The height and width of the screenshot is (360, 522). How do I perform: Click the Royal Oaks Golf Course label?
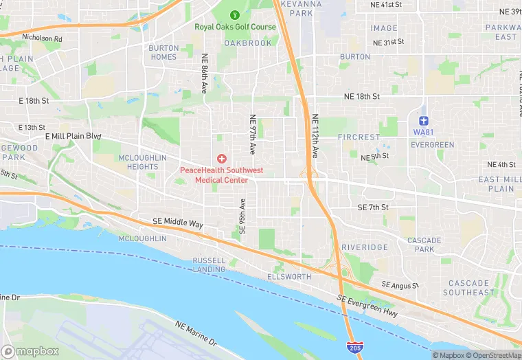(x=235, y=27)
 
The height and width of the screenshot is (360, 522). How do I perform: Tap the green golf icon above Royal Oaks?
(x=235, y=14)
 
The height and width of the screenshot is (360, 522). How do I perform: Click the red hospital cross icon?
(x=221, y=159)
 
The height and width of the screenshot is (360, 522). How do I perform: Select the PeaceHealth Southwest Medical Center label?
(x=221, y=175)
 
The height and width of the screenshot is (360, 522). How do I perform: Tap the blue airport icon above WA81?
(x=424, y=121)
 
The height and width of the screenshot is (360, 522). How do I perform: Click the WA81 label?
(x=424, y=132)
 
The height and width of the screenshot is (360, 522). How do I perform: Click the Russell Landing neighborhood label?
(x=209, y=265)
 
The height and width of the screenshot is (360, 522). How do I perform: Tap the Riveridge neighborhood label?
(x=365, y=247)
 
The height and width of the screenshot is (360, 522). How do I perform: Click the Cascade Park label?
(x=424, y=245)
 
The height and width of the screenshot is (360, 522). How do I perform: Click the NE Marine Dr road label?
(x=196, y=333)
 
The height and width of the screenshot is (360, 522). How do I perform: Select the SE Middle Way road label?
(x=178, y=224)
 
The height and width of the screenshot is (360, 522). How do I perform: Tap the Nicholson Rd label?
(x=42, y=38)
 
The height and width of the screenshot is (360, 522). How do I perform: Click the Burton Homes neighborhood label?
(x=163, y=53)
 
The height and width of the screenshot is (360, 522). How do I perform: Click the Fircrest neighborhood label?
(x=359, y=137)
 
